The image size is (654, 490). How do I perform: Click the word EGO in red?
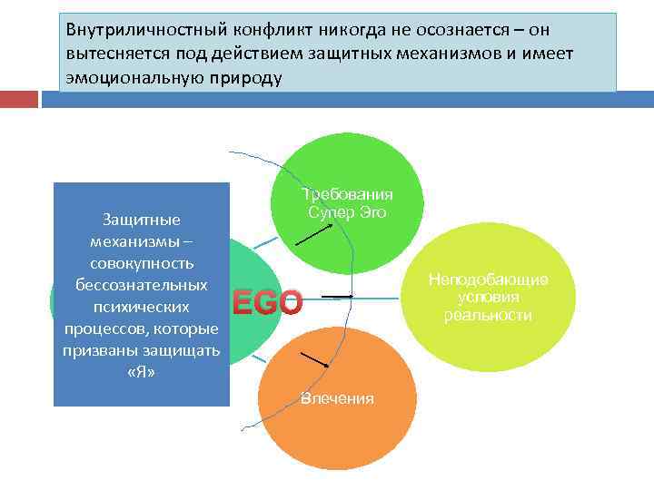pos(267,301)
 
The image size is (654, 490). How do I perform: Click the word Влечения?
pos(337,398)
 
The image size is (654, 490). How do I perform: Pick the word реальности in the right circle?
pos(488,315)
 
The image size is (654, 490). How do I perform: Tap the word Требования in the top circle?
pos(349,194)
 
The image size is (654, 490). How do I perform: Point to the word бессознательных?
pos(141,285)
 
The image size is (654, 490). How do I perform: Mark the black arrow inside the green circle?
pos(314,234)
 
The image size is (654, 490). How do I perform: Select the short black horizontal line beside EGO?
pos(336,296)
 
